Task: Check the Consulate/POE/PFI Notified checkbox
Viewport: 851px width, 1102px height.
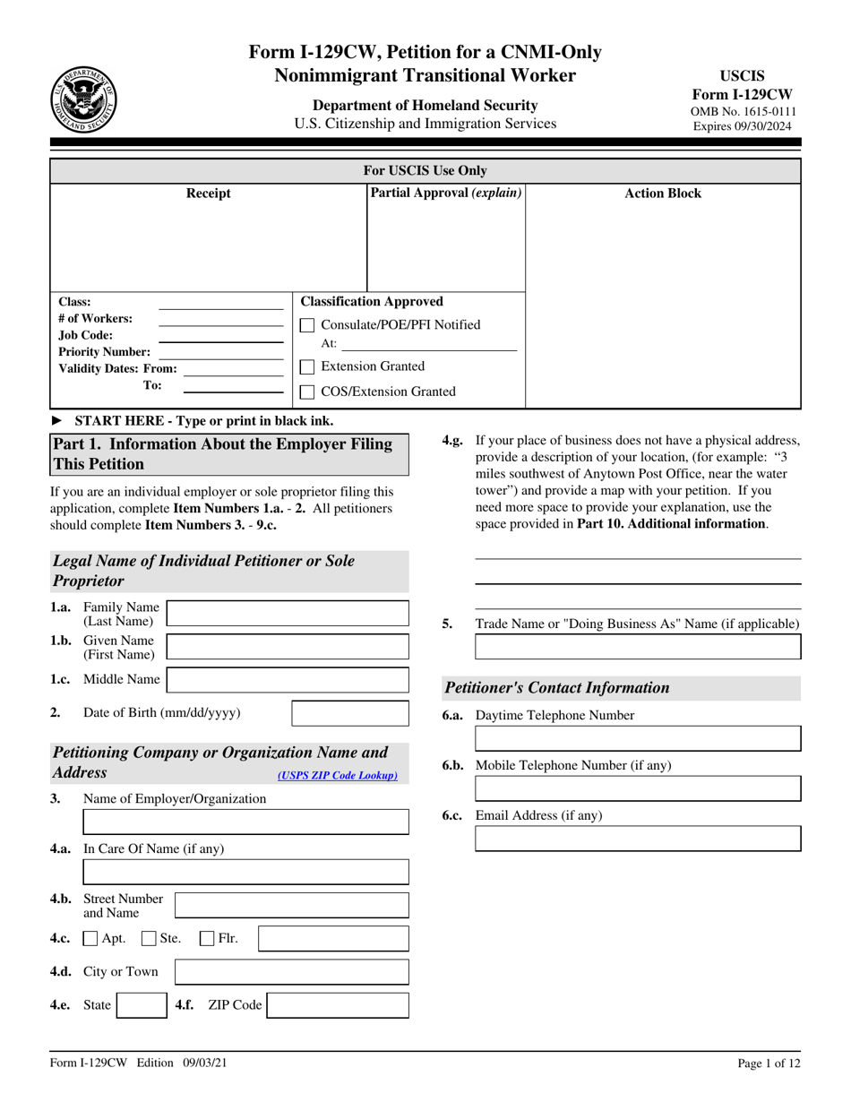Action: click(306, 325)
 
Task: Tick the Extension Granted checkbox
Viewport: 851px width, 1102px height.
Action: click(306, 366)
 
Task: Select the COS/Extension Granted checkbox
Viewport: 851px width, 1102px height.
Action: click(306, 392)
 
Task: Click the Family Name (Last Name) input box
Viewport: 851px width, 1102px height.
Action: click(288, 614)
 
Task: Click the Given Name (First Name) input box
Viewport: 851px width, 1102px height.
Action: click(288, 647)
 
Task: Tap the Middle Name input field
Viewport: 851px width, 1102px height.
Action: click(288, 680)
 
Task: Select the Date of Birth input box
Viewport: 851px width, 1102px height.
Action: click(350, 713)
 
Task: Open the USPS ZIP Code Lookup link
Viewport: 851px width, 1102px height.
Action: click(338, 776)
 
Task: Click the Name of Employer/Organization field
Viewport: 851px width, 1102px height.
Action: click(245, 822)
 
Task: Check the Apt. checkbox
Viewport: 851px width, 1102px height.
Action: click(90, 939)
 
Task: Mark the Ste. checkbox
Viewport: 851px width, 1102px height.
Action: click(149, 939)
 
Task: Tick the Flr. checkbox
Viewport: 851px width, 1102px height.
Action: click(207, 939)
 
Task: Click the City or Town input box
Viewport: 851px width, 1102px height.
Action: click(291, 972)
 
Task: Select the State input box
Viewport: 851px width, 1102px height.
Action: click(142, 1005)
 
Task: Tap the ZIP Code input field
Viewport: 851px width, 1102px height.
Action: click(338, 1005)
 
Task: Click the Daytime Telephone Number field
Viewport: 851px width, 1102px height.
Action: click(638, 738)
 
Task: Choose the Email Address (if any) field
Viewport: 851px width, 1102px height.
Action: click(638, 839)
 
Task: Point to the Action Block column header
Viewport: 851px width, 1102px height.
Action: click(663, 194)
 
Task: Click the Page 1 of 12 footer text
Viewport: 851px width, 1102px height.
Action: click(769, 1063)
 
